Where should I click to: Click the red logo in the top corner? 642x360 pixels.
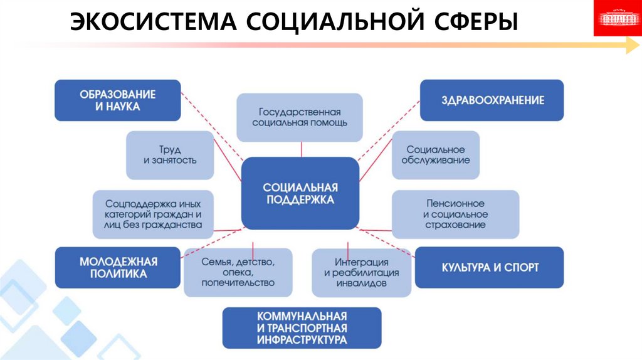616,18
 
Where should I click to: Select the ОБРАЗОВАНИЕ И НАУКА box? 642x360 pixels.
118,100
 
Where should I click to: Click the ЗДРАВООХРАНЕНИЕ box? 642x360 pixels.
492,100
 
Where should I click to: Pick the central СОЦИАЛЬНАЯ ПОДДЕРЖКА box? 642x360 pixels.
300,193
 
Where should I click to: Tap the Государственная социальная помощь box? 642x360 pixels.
300,117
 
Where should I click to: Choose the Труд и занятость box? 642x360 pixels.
170,155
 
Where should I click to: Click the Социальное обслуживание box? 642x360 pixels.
436,155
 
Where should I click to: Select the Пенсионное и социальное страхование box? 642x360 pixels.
455,214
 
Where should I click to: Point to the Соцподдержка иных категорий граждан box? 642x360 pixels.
153,214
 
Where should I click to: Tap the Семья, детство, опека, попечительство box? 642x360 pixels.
238,272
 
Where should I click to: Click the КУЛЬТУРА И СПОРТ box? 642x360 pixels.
489,268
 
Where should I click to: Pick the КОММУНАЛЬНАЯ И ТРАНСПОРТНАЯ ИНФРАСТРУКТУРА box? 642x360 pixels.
302,327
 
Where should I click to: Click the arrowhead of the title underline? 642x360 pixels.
631,45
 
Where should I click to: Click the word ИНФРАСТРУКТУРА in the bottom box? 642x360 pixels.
302,340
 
